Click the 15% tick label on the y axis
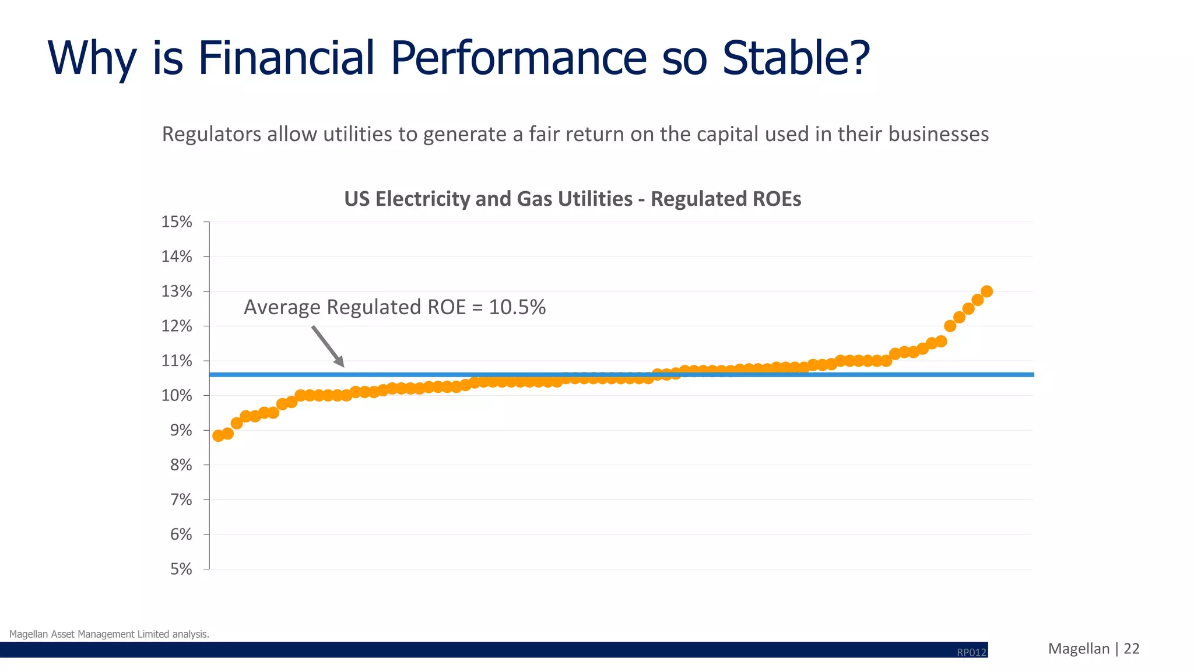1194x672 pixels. [177, 222]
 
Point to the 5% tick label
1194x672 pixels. [181, 569]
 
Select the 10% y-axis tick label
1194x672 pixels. [177, 396]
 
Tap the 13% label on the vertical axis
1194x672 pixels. [177, 291]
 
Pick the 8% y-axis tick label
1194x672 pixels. [181, 465]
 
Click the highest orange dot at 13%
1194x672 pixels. [986, 291]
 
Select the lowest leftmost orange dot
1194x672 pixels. [219, 436]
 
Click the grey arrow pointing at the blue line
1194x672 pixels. [328, 346]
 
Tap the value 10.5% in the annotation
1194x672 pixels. [517, 307]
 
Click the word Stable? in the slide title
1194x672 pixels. [796, 58]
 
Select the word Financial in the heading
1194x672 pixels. [286, 58]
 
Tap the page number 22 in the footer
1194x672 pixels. [1131, 649]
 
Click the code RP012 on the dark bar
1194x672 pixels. [971, 652]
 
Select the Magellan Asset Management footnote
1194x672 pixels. [109, 634]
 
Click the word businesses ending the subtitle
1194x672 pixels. [939, 135]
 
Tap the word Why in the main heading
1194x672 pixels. [92, 58]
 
